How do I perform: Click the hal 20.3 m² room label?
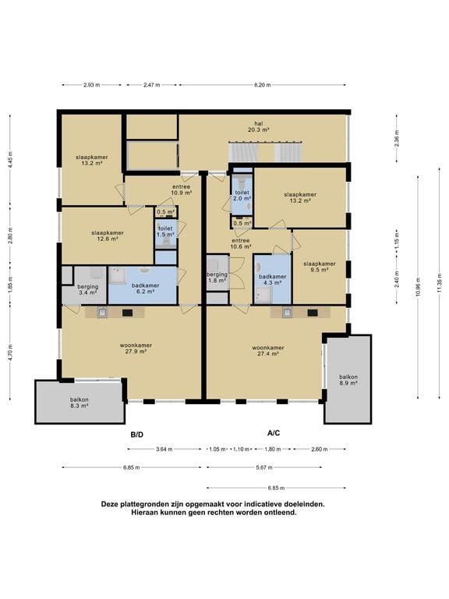click(259, 126)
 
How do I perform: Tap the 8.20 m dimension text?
click(262, 85)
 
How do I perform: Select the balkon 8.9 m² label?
click(348, 380)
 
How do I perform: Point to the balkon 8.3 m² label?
click(80, 402)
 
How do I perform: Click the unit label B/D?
click(137, 434)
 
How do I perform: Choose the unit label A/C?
click(274, 433)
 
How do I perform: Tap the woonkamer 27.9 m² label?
click(136, 348)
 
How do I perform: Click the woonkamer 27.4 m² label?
click(268, 351)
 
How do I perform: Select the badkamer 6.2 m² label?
click(146, 288)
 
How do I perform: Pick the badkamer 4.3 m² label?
click(272, 280)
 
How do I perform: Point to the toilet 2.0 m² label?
click(242, 196)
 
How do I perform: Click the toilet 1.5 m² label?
click(165, 231)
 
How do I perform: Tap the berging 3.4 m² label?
click(88, 289)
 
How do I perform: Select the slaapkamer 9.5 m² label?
click(320, 267)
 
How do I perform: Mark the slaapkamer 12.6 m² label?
click(108, 236)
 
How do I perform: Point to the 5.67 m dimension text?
click(264, 467)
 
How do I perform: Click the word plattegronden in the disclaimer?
click(141, 505)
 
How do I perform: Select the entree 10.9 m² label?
click(182, 190)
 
